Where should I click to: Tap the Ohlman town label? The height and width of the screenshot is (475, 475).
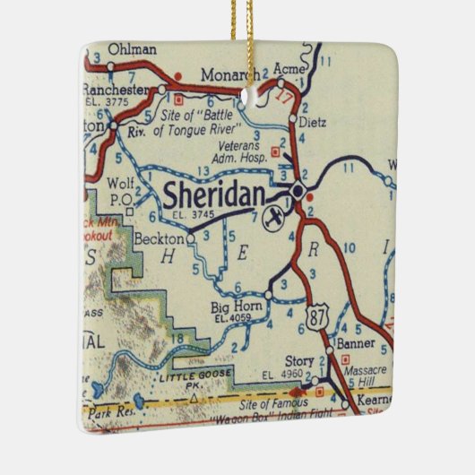(x=127, y=49)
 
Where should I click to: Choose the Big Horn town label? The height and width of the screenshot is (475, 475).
(x=231, y=307)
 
